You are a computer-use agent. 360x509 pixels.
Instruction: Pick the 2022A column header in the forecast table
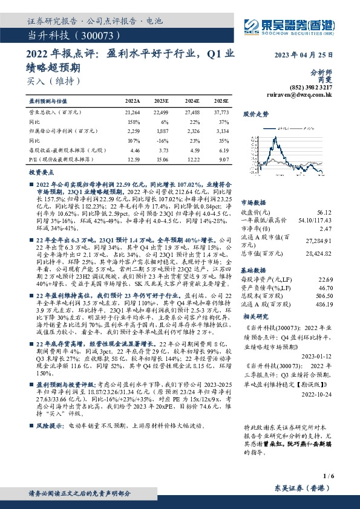pos(133,101)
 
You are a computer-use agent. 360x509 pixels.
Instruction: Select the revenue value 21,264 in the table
pos(132,112)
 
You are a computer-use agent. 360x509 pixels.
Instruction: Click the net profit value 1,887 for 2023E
pos(163,130)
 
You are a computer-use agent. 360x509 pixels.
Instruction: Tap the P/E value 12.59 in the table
pos(133,160)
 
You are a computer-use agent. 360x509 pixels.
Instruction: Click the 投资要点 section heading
pos(42,172)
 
